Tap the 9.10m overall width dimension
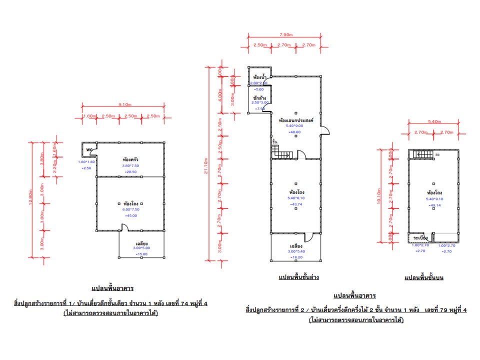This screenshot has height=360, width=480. [125, 104]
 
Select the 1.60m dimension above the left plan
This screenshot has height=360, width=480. [89, 116]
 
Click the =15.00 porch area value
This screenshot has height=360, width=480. [142, 254]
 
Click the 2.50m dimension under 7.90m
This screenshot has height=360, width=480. [259, 45]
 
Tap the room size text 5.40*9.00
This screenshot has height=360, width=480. [294, 126]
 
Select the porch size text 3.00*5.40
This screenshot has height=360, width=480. [295, 252]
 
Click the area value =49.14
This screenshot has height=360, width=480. [433, 205]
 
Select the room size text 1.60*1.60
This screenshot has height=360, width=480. [85, 162]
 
